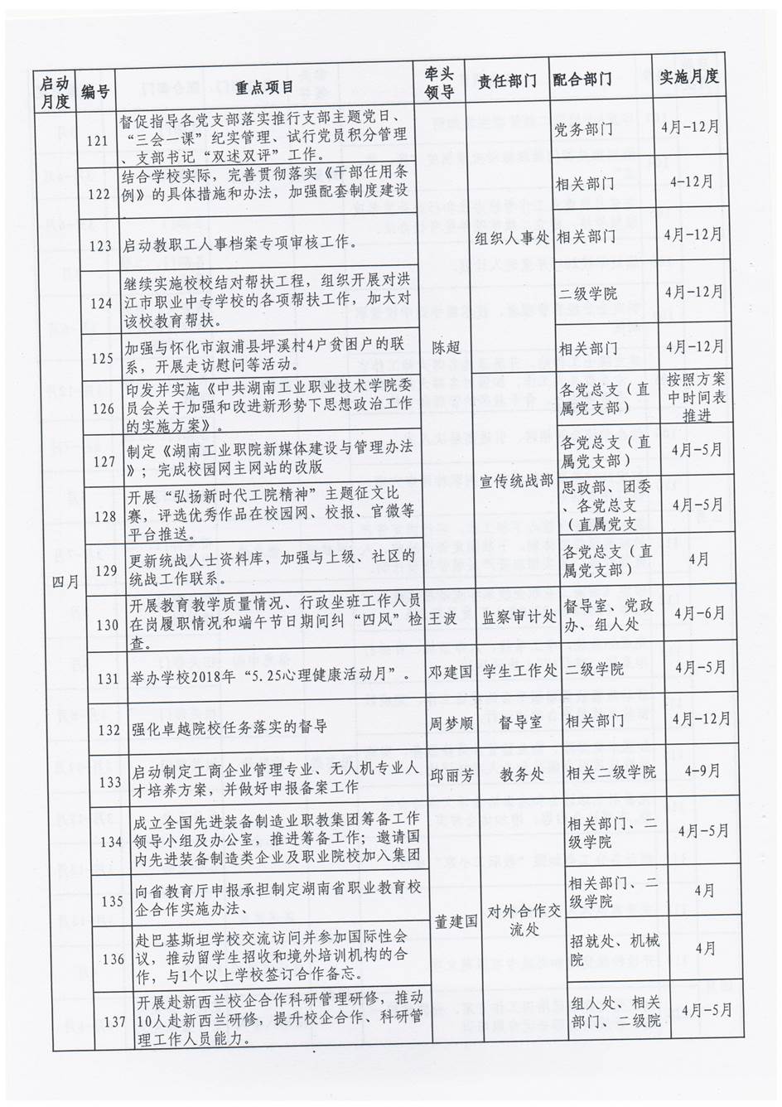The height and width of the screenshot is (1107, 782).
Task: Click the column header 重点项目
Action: point(264,87)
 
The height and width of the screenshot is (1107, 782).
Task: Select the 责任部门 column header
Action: point(508,82)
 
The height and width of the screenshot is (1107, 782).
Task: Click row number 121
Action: point(99,141)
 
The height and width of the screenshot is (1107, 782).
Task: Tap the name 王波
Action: point(443,619)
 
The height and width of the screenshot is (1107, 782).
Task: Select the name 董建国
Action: point(453,920)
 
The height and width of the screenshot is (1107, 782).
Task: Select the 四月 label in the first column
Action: point(65,583)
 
